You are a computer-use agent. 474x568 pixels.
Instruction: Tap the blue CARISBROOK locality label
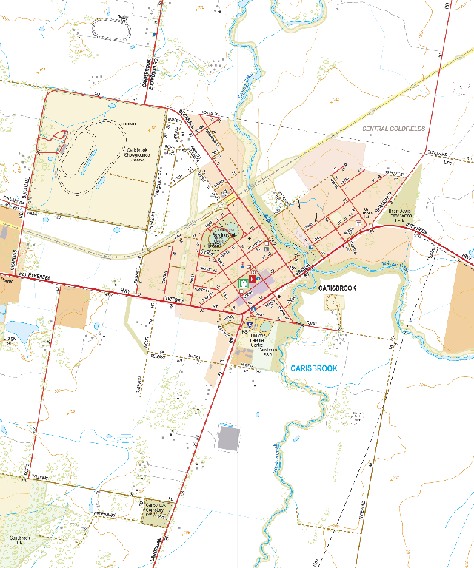tap(314, 368)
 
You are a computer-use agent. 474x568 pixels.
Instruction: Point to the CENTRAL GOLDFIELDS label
tap(394, 129)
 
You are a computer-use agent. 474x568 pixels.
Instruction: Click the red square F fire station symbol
tap(252, 280)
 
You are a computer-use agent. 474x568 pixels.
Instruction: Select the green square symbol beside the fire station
tap(242, 283)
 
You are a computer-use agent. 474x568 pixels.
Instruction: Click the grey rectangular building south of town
tap(229, 437)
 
